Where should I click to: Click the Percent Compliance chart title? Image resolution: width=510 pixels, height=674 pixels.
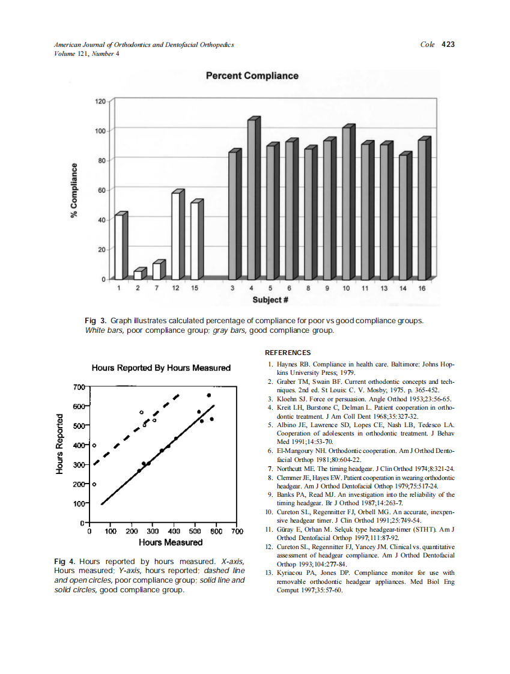click(x=252, y=76)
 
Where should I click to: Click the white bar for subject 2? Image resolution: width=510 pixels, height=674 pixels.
click(x=138, y=275)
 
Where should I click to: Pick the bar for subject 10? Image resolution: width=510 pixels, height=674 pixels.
click(x=346, y=204)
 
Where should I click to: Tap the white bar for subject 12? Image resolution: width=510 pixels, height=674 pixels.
click(x=175, y=235)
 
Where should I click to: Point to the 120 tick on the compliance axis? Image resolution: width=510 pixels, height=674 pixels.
click(x=100, y=102)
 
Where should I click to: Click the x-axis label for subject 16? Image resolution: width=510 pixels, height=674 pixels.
click(x=422, y=289)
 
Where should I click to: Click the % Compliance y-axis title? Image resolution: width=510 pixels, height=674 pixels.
click(x=74, y=191)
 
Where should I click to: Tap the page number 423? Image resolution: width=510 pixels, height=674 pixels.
click(x=448, y=44)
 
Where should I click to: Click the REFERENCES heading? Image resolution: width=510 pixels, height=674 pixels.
click(x=288, y=353)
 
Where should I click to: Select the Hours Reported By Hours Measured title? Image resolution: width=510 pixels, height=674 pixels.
click(x=161, y=368)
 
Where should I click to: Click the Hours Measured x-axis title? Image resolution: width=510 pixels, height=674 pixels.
click(x=171, y=542)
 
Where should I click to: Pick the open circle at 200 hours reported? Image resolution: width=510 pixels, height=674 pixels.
click(x=94, y=484)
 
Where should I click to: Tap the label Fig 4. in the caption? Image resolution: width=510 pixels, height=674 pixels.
click(x=65, y=562)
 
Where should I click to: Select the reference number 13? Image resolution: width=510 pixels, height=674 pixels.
click(x=269, y=573)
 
